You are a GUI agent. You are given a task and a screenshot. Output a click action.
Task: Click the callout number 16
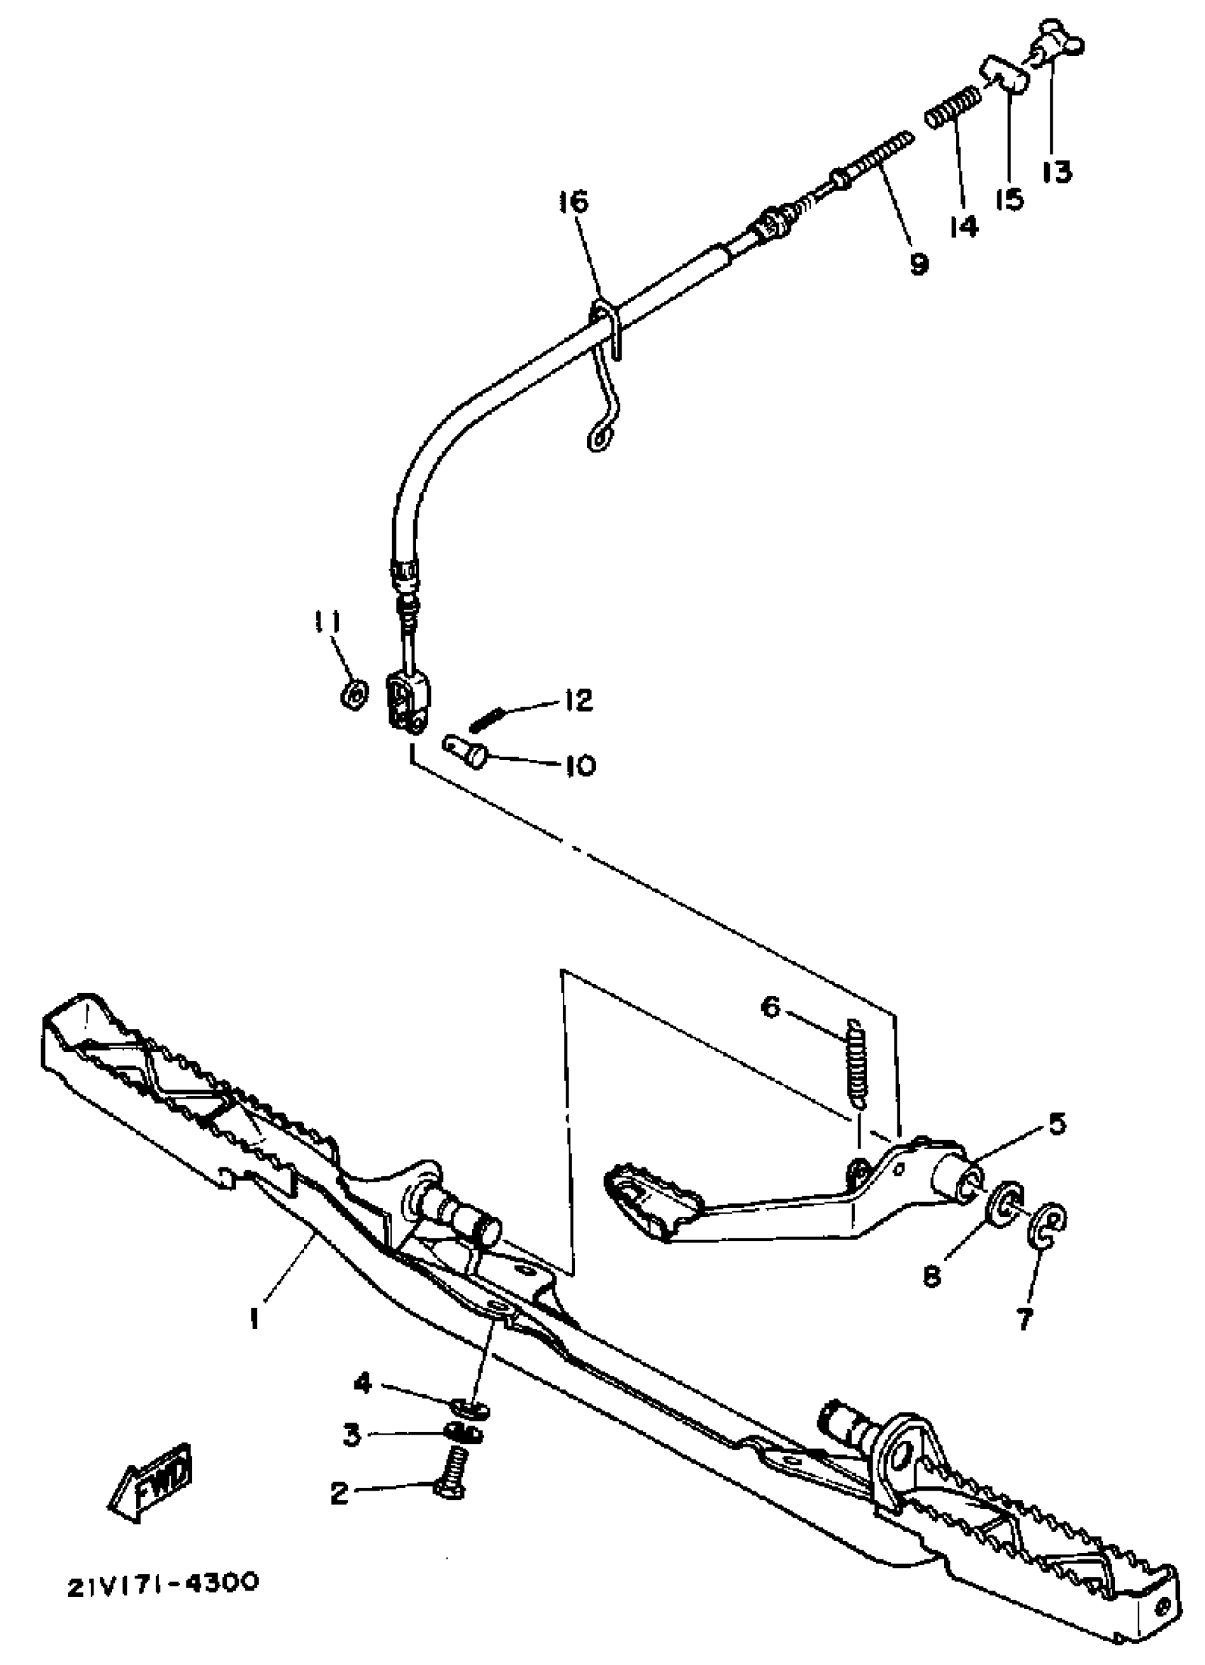(x=573, y=201)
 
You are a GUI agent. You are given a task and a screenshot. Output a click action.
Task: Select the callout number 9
(x=918, y=263)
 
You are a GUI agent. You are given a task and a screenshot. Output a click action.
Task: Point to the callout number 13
(x=1057, y=170)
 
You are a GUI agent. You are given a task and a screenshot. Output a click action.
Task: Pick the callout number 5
(x=1056, y=1124)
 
